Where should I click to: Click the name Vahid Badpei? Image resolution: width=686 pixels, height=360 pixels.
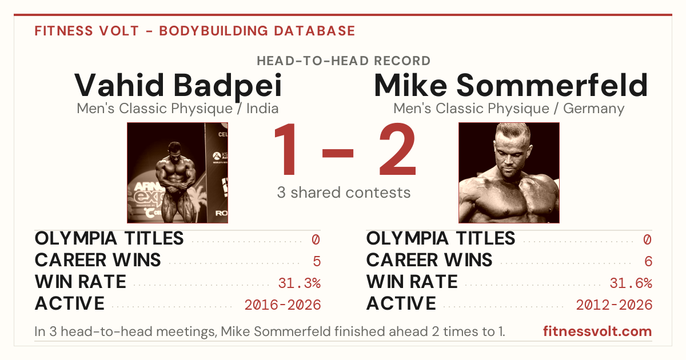[178, 85]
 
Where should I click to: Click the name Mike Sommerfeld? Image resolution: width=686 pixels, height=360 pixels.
[511, 85]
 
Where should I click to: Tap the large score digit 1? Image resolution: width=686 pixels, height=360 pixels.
[285, 149]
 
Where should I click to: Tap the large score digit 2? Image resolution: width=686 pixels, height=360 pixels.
[398, 149]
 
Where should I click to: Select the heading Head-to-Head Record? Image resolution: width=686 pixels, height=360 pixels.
[344, 61]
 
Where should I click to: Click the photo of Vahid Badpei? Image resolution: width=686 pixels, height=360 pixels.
[178, 173]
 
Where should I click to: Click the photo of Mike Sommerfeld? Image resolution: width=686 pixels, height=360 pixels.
[509, 173]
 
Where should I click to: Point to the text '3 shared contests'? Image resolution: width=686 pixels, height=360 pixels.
[344, 193]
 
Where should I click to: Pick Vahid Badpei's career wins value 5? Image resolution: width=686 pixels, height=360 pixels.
[317, 261]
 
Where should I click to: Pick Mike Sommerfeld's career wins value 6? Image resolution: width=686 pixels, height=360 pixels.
[648, 261]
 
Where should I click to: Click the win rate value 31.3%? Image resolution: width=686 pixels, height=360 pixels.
[299, 283]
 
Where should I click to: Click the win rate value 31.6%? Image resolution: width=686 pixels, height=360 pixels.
[631, 283]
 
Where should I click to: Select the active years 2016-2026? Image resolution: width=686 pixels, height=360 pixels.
[282, 305]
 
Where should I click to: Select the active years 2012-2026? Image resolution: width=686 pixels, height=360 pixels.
[614, 305]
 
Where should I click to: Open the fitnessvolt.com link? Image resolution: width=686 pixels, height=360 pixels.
[597, 331]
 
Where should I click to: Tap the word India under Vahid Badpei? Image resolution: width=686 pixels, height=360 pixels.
[262, 109]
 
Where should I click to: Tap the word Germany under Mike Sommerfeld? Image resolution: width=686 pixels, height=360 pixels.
[593, 109]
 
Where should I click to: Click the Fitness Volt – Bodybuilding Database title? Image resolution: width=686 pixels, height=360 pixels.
[195, 31]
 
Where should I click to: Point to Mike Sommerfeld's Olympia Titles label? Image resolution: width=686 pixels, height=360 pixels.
[441, 238]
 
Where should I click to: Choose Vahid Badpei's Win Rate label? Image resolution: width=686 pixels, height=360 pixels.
[81, 282]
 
